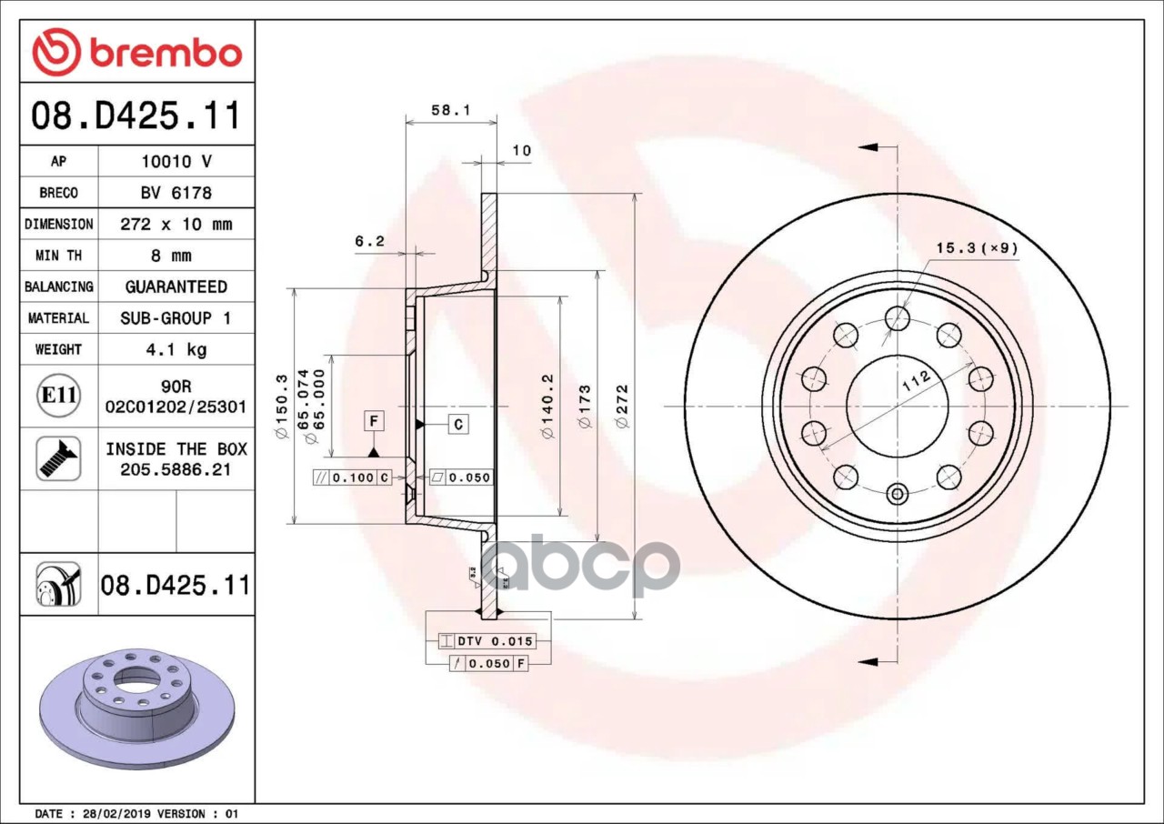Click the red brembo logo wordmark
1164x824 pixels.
tap(166, 54)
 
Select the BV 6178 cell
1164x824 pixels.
tap(176, 194)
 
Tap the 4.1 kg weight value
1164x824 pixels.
tap(176, 349)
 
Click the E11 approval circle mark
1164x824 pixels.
tap(59, 396)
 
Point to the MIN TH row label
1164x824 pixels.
tap(59, 256)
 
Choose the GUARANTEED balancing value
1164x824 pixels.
tap(176, 286)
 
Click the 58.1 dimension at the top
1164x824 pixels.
tap(450, 110)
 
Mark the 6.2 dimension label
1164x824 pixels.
tap(369, 241)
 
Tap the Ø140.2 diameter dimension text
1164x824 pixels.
tap(547, 407)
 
